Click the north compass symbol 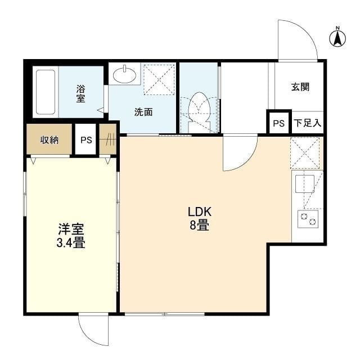[x=337, y=38]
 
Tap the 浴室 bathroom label [x=80, y=93]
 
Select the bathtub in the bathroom [x=46, y=92]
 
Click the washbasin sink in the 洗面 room [x=125, y=74]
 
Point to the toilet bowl [x=199, y=108]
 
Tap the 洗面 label [x=143, y=112]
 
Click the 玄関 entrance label [x=300, y=87]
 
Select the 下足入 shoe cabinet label [x=308, y=123]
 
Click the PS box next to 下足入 [x=279, y=123]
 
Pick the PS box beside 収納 [x=86, y=139]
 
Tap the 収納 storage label [x=49, y=140]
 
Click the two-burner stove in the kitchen [x=308, y=219]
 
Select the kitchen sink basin [x=305, y=184]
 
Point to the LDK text [x=200, y=211]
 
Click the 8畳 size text [x=199, y=225]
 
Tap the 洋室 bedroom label [x=71, y=229]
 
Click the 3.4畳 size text [x=71, y=242]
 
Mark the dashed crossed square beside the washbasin [x=159, y=80]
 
